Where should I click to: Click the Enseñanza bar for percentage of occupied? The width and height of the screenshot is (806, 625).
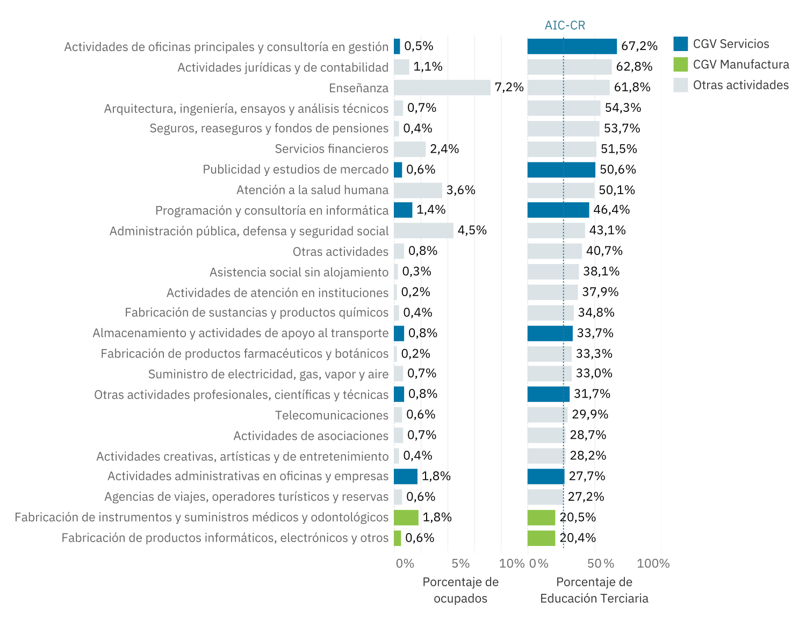point(442,88)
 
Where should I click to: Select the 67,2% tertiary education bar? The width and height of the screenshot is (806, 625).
point(572,46)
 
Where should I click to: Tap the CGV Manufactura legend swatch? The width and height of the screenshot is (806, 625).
point(680,65)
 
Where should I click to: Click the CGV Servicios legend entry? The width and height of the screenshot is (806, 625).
point(730,44)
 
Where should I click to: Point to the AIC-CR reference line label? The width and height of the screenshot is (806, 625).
point(564,25)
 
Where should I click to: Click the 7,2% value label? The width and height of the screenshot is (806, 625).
point(509,87)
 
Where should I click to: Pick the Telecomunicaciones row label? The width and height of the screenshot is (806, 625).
point(332,415)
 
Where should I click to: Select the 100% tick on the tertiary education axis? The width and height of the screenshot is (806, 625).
point(653,564)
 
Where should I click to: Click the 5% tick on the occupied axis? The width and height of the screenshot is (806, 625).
point(460,564)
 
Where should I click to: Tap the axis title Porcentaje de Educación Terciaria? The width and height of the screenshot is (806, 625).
point(594,590)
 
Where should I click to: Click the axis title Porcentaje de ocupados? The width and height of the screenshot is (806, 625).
point(460,590)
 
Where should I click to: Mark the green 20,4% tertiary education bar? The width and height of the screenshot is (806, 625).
point(541,538)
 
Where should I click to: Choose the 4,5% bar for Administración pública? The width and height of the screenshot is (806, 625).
point(423,231)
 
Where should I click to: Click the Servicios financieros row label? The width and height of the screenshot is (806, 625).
point(332,149)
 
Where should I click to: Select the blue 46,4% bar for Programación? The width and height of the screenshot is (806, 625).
point(558,210)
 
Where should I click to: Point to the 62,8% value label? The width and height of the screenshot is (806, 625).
point(634,67)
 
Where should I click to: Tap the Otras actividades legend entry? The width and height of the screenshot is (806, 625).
point(740,85)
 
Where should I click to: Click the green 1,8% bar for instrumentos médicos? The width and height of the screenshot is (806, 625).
point(406,517)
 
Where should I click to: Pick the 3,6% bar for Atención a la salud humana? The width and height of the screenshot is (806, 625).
point(418,190)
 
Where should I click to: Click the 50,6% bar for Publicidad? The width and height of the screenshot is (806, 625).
point(561,169)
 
